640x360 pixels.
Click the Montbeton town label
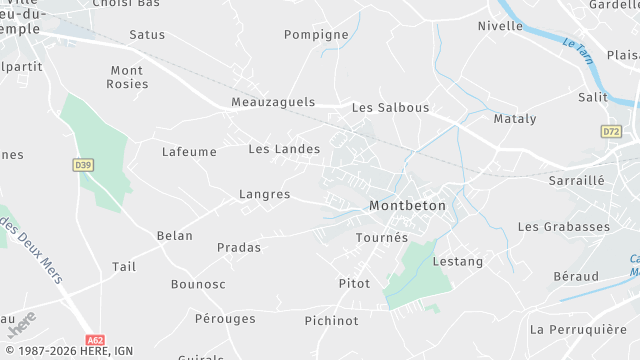click(407, 205)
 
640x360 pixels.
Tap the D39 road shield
click(83, 164)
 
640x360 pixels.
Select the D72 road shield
click(611, 131)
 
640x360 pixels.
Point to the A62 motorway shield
click(95, 340)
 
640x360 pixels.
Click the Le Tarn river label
click(577, 51)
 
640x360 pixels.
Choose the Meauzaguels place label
click(272, 102)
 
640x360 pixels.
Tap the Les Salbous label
click(390, 107)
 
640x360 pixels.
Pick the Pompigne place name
click(316, 34)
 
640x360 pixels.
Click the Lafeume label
click(189, 152)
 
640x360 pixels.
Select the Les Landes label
click(284, 149)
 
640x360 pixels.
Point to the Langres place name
click(265, 194)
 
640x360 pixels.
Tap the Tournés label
click(382, 238)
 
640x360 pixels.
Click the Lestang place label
click(457, 261)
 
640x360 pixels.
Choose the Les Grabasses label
click(563, 227)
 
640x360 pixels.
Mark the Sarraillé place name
click(577, 181)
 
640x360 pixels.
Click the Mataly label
click(515, 119)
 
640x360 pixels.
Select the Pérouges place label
click(225, 318)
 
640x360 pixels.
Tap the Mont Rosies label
click(128, 77)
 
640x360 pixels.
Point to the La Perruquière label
click(578, 329)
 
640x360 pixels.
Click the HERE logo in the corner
click(22, 324)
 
